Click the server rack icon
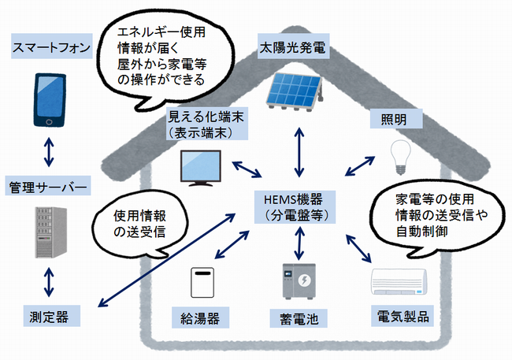pos(49,232)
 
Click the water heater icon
pos(202,283)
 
